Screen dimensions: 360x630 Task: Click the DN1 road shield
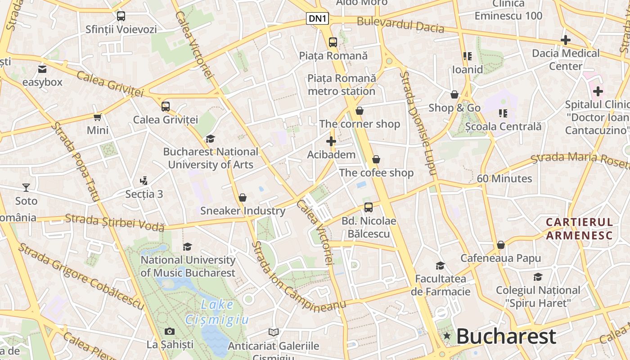point(318,18)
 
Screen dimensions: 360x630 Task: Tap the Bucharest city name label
point(506,336)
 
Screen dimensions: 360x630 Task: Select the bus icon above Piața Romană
point(333,42)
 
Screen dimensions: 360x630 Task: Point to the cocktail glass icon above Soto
point(26,187)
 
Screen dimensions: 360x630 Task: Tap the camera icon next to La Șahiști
point(170,332)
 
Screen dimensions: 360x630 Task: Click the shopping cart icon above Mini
point(98,117)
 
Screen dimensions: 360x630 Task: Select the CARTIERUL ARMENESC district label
point(579,229)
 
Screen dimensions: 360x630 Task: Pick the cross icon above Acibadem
point(331,141)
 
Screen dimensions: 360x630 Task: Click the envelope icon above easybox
point(42,69)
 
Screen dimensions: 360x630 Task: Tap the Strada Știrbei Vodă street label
point(115,223)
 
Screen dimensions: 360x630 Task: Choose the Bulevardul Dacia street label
point(400,25)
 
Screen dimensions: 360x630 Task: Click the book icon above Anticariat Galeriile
point(273,333)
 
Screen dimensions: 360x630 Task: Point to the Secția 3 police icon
point(144,181)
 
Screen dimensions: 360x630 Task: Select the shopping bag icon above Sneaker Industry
point(243,198)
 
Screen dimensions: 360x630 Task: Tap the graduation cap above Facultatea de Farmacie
point(440,265)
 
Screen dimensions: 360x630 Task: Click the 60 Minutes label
point(504,179)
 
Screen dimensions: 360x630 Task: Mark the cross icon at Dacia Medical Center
point(566,40)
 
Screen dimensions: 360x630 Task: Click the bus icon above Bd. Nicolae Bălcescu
point(369,207)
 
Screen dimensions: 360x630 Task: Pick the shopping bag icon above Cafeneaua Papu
point(500,245)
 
